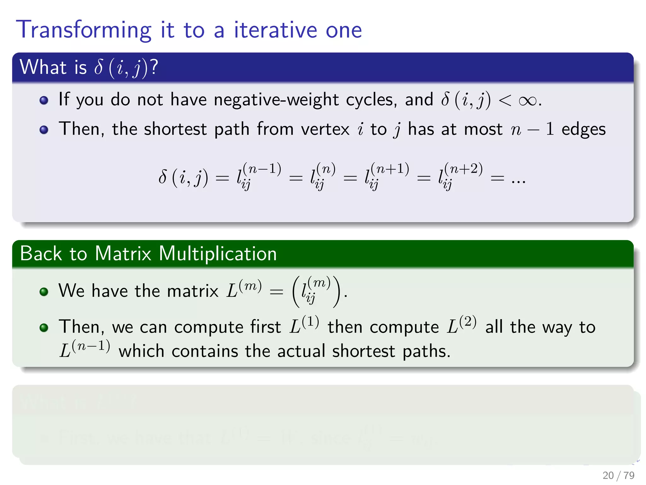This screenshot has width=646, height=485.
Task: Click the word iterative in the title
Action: pyautogui.click(x=275, y=30)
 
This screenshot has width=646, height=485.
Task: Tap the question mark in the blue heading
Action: pyautogui.click(x=154, y=67)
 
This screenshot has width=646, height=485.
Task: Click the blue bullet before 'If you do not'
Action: pyautogui.click(x=44, y=100)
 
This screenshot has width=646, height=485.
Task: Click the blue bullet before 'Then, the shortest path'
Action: pyautogui.click(x=44, y=130)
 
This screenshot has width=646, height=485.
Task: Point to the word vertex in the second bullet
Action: pyautogui.click(x=325, y=129)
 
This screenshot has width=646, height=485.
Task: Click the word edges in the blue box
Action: pyautogui.click(x=583, y=129)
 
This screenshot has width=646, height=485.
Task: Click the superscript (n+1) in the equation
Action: pyautogui.click(x=390, y=169)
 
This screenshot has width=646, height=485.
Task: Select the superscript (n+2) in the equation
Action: pyautogui.click(x=463, y=169)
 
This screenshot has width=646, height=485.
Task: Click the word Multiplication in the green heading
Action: pyautogui.click(x=218, y=254)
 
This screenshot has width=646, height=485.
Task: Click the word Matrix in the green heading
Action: pyautogui.click(x=123, y=254)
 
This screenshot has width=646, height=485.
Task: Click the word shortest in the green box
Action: pyautogui.click(x=363, y=351)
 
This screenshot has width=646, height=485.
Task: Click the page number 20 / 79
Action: pyautogui.click(x=618, y=475)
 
